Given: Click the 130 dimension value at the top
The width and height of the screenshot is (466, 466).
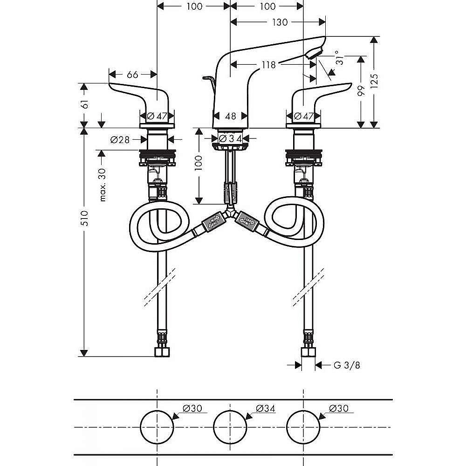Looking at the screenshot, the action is tap(280, 22).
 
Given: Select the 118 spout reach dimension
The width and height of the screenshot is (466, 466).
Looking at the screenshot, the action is tap(269, 64).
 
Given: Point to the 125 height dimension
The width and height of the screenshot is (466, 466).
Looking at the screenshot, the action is tap(375, 81).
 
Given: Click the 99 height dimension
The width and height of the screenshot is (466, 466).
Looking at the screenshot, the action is tap(361, 91).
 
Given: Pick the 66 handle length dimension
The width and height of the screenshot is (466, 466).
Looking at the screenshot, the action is tap(132, 74).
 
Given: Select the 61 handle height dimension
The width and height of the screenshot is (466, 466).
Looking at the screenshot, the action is tap(85, 104).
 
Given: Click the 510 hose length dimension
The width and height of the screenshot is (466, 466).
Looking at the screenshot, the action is tap(85, 218).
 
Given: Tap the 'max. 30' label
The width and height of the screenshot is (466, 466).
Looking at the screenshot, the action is tap(103, 185).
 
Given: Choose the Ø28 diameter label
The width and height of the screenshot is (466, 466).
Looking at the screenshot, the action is tap(120, 139).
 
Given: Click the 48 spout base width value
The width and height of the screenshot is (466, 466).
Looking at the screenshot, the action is tap(230, 116).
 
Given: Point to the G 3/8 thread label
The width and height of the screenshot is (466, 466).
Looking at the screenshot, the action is tap(347, 365).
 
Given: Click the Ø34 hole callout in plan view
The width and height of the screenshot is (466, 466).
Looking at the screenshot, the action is tap(266, 408).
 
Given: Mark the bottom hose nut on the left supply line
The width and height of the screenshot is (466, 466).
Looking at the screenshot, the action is tap(162, 351).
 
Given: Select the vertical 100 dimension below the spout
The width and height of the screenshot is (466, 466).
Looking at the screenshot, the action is tap(199, 162).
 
